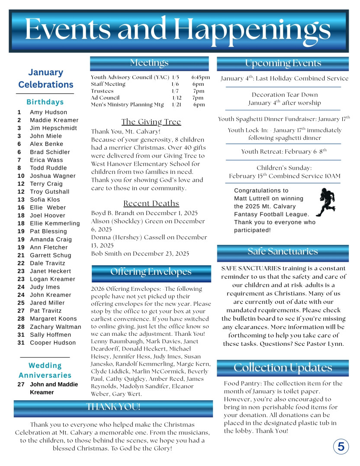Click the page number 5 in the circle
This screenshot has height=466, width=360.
click(x=341, y=446)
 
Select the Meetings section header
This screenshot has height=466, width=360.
click(x=149, y=63)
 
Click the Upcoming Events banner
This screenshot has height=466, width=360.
click(x=283, y=63)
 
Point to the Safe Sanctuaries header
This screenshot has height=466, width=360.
click(x=283, y=251)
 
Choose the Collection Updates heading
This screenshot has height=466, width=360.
click(x=283, y=368)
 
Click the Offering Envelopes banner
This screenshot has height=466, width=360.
click(x=151, y=272)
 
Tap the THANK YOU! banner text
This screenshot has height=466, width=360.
click(x=113, y=407)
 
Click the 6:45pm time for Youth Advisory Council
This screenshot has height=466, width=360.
click(x=201, y=77)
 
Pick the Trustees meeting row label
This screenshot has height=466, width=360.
click(x=102, y=91)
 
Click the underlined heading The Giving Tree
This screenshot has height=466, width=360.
click(x=151, y=122)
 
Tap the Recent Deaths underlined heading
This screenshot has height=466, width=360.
click(x=151, y=203)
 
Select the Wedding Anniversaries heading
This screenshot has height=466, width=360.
click(x=45, y=370)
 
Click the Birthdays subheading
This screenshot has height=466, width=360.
click(x=45, y=102)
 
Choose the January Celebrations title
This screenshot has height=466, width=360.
click(x=46, y=78)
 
